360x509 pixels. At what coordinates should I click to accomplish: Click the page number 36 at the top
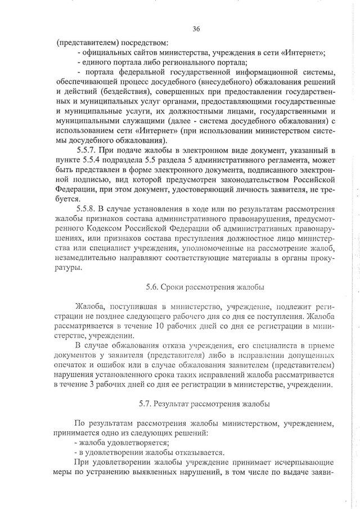196,29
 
